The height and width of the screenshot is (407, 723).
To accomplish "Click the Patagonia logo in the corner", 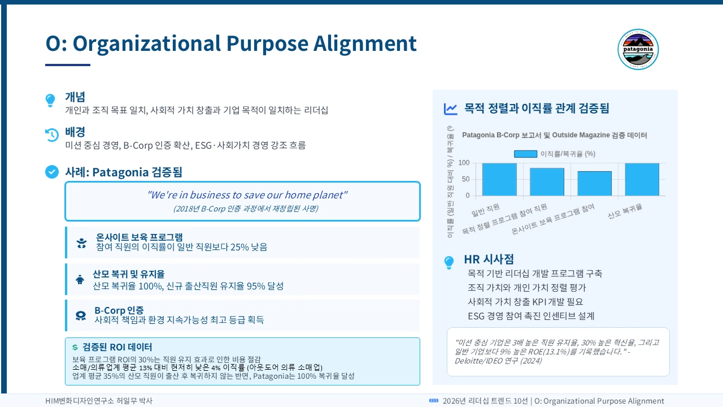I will point(638,50).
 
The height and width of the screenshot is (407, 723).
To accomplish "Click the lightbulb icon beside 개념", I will point(50,101).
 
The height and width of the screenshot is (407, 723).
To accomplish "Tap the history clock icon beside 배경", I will point(51,135).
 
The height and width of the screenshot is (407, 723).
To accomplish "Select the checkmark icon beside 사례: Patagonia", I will point(51,172).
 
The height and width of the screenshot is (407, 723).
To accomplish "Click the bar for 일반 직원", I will point(499,179).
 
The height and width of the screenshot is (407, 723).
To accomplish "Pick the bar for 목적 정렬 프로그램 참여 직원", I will point(547,181).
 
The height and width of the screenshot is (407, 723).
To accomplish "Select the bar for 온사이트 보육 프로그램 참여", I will point(594,183).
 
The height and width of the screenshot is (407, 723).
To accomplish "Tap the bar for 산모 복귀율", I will point(642,179).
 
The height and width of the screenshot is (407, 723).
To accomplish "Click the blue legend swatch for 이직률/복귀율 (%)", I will point(525,154).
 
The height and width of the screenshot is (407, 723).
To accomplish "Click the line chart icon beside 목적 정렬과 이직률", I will point(451,109).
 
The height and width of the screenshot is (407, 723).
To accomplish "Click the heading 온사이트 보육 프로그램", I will point(139,237).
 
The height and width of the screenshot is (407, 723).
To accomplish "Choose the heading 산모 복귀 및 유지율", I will point(129,274).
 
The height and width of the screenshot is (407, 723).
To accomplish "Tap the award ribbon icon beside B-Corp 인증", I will point(81,315).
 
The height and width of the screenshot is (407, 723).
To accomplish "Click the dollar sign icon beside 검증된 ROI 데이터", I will point(75,347).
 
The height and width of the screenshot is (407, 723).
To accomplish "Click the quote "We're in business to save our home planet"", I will point(247,195).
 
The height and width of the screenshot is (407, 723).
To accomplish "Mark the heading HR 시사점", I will point(489,259).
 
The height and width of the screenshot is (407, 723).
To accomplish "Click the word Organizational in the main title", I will point(146,44).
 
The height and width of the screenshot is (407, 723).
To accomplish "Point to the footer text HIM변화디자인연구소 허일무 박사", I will point(99,401).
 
